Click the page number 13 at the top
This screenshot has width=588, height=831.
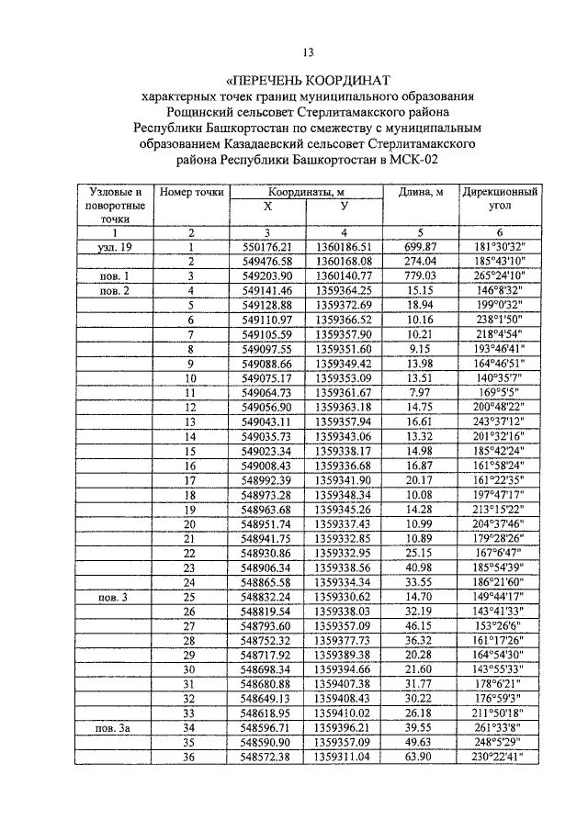tap(308, 51)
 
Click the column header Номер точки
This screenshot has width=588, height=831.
tap(191, 192)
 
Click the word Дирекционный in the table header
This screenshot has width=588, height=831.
tap(500, 193)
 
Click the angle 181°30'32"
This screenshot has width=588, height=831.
tap(500, 248)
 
